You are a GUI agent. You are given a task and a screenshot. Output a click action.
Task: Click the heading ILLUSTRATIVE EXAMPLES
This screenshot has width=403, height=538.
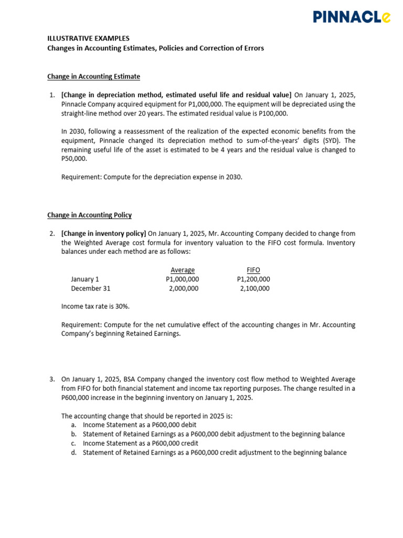[x=88, y=38]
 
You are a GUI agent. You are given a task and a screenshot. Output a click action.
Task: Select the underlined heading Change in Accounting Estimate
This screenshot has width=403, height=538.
[x=93, y=77]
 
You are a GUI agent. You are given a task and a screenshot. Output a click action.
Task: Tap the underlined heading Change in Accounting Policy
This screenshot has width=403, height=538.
[x=89, y=215]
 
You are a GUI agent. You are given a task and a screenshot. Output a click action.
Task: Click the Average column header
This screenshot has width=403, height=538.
[x=183, y=270]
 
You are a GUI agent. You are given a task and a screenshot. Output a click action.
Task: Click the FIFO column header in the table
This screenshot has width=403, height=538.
[x=253, y=270]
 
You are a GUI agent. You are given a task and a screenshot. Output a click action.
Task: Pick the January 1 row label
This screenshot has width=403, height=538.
[x=85, y=280]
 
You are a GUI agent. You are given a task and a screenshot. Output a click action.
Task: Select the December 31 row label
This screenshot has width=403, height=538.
[x=91, y=288]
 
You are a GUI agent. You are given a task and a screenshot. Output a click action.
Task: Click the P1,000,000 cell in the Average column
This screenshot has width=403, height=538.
[x=182, y=280]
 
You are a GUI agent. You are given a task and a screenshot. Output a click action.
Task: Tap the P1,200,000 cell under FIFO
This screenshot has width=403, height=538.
[x=253, y=280]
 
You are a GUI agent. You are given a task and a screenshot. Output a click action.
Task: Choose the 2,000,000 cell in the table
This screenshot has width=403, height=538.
[x=184, y=288]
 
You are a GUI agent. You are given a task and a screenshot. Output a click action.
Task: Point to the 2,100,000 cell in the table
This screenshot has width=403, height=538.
[x=254, y=288]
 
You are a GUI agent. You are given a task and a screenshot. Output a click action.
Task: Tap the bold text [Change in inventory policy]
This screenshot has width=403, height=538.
[x=103, y=234]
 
